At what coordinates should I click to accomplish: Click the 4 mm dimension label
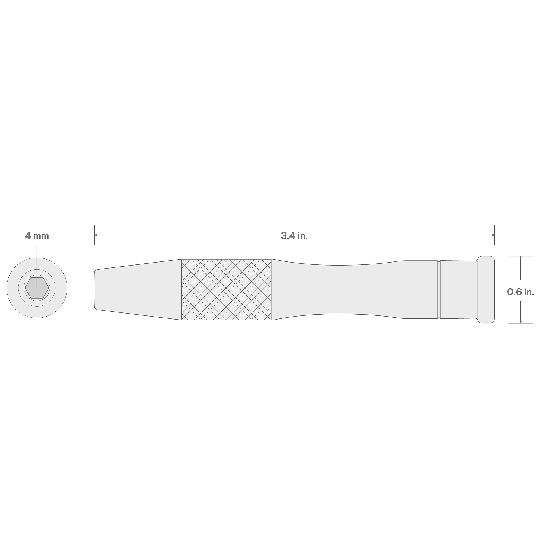[x=37, y=236]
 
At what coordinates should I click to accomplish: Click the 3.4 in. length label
[x=294, y=236]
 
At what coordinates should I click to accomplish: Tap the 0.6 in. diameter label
[x=520, y=292]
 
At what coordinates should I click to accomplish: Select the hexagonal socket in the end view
[x=37, y=288]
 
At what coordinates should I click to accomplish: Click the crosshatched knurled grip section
[x=226, y=289]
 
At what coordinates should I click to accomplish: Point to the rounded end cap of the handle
[x=486, y=289]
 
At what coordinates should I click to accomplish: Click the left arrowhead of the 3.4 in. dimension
[x=96, y=235]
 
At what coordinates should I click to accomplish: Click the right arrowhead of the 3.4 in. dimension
[x=493, y=235]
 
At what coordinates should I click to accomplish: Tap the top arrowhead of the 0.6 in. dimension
[x=520, y=257]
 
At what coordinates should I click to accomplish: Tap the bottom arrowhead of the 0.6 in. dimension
[x=520, y=321]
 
